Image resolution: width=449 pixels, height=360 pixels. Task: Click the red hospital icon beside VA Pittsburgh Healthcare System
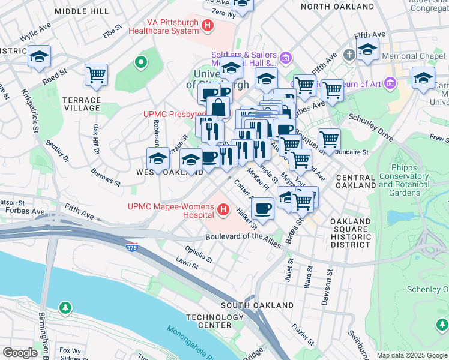208,25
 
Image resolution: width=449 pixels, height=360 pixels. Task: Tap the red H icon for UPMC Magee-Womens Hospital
223,209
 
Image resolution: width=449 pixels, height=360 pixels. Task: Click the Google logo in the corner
20,353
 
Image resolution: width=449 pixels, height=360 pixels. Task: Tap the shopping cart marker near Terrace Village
96,75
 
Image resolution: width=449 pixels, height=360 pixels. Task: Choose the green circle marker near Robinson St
140,61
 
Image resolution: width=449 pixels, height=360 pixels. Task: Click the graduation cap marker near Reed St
40,56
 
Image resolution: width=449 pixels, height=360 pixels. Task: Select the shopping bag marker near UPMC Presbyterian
218,108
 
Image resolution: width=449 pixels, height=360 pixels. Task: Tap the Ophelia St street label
199,254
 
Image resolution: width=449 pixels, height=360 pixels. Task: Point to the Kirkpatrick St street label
30,110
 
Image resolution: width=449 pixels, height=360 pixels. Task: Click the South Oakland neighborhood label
257,305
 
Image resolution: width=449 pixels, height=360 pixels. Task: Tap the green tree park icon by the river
65,308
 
